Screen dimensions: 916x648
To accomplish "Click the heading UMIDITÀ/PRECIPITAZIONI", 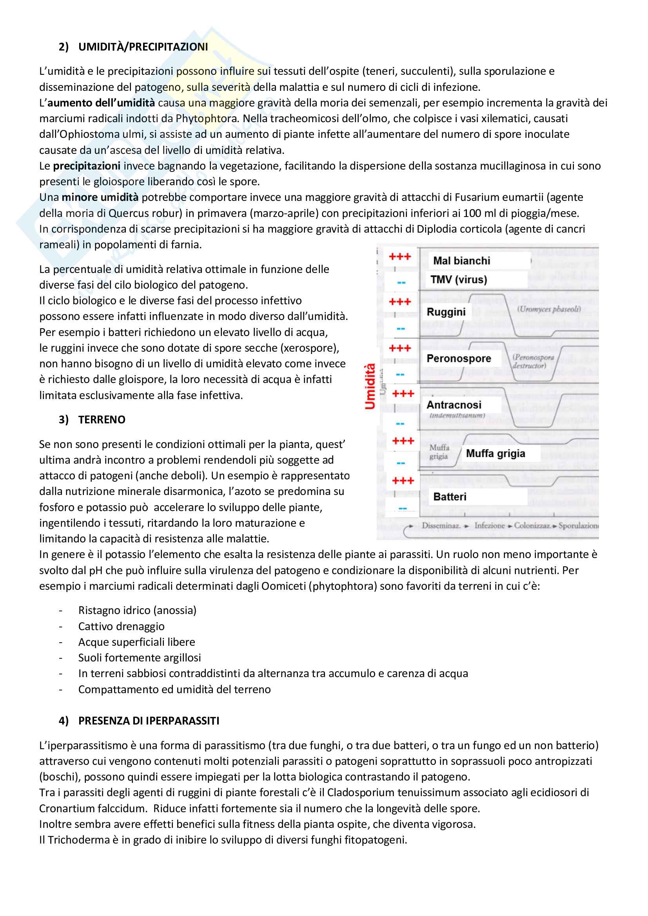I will click(x=143, y=47).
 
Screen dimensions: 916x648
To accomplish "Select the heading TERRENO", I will click(x=102, y=420).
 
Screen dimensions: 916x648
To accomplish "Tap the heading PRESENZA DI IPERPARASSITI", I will click(x=149, y=721).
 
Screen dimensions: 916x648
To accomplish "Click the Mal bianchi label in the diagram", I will click(x=461, y=261).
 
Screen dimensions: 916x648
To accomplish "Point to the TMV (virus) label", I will click(x=458, y=280).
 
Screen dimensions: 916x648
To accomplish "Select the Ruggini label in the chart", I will click(x=446, y=312).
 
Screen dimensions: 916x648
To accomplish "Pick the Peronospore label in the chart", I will click(x=459, y=359).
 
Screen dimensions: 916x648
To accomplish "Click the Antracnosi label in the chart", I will click(x=454, y=405).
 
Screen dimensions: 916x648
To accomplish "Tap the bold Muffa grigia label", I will click(x=496, y=453).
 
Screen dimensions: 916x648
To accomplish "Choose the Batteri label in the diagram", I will click(x=450, y=497).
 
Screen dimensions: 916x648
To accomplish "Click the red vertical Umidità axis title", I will click(x=370, y=386).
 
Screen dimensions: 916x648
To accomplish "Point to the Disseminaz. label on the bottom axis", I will click(x=441, y=526).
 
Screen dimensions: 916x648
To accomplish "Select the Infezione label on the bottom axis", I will click(x=490, y=526).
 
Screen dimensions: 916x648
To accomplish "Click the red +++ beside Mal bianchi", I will click(x=400, y=257).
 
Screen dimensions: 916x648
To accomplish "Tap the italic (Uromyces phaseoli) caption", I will click(x=548, y=309).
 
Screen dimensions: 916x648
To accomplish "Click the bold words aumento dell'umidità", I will click(x=101, y=103).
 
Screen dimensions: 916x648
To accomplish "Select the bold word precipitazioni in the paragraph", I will click(x=87, y=166).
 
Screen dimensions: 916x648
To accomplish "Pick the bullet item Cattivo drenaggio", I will click(x=122, y=626).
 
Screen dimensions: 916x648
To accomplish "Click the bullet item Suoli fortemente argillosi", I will click(x=139, y=658).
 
